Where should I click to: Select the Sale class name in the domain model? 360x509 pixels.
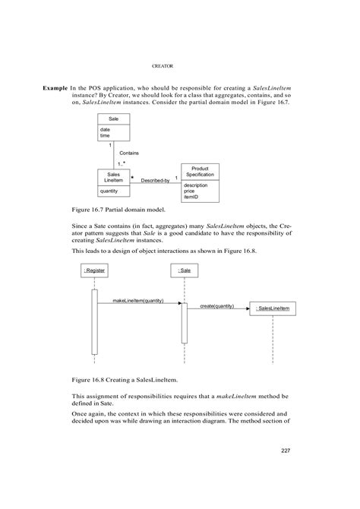(x=113, y=120)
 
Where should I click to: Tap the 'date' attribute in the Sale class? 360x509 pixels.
(x=105, y=129)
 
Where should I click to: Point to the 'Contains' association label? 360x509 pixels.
(x=128, y=153)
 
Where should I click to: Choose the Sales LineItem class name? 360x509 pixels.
(x=113, y=176)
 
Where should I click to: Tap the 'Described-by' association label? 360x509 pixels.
(x=155, y=180)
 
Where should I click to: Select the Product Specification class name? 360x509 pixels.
(x=200, y=171)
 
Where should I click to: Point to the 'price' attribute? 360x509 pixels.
(x=191, y=191)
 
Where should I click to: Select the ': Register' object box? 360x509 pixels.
(x=95, y=270)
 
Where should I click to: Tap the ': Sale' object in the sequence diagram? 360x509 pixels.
(x=184, y=270)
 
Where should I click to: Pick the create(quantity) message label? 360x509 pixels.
(x=216, y=306)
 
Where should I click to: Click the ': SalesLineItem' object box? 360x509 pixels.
(x=273, y=308)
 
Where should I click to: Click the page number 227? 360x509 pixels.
(x=286, y=452)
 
